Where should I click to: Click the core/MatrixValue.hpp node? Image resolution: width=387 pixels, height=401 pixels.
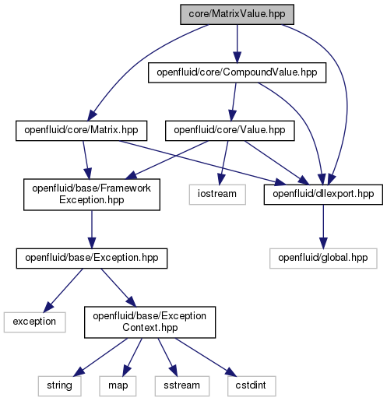click(x=237, y=14)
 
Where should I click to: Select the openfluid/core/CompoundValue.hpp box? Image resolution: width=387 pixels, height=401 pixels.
click(x=237, y=72)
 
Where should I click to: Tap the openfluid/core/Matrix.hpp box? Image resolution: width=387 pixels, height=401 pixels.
click(x=81, y=131)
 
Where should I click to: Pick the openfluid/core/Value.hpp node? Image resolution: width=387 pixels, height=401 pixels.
click(x=230, y=131)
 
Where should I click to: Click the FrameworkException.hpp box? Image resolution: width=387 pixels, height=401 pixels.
click(x=92, y=194)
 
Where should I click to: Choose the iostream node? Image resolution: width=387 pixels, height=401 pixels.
click(x=217, y=195)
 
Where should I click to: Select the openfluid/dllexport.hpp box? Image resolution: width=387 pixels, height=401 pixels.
click(x=323, y=195)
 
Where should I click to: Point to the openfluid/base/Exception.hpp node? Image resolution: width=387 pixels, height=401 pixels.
click(x=92, y=259)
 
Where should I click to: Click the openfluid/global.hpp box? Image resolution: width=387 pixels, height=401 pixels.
click(x=323, y=259)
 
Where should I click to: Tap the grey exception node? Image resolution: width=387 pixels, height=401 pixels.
click(x=34, y=322)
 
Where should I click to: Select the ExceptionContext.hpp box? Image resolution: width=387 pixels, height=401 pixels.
click(x=150, y=322)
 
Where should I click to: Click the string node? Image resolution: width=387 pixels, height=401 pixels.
click(x=59, y=386)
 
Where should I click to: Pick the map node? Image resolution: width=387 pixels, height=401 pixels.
click(x=118, y=386)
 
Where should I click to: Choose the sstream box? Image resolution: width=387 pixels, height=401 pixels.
click(x=182, y=386)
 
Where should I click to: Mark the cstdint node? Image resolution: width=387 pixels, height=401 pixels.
click(x=252, y=386)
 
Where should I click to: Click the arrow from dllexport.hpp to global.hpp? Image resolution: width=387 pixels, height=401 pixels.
click(x=323, y=227)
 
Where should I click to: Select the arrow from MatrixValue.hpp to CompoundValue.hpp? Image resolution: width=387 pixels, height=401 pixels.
click(x=237, y=44)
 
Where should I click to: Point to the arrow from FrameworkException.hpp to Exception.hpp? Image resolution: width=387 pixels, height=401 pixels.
click(x=92, y=229)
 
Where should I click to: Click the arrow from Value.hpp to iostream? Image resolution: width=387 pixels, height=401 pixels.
click(x=224, y=163)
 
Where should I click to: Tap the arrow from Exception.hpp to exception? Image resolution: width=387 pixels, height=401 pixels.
click(x=64, y=290)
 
